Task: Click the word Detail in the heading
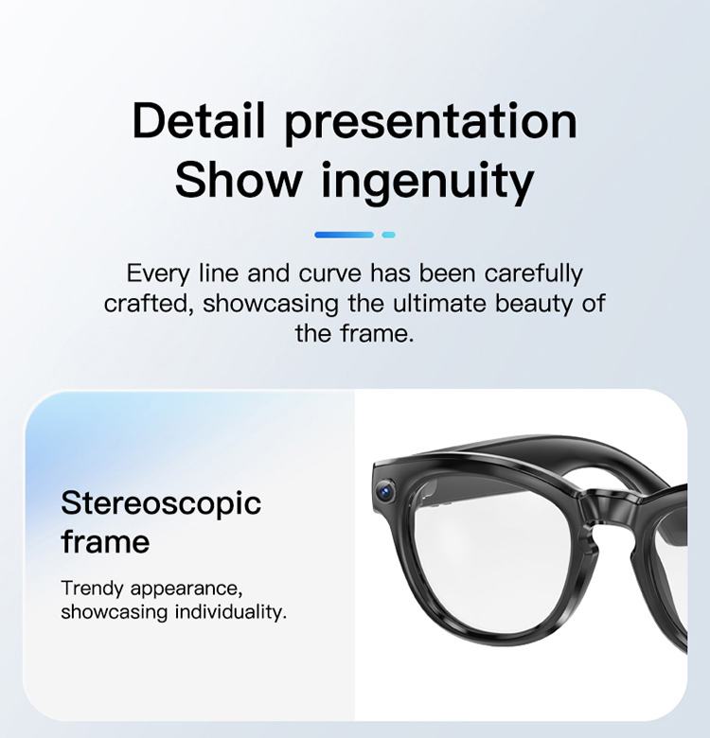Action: [x=198, y=120]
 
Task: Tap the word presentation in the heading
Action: [x=431, y=124]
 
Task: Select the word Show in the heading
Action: [x=239, y=180]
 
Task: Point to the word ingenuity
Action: [x=428, y=184]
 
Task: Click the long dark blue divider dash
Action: [x=344, y=235]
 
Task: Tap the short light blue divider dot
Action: [x=388, y=235]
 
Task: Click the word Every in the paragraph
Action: [x=158, y=274]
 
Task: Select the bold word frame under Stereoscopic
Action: [x=105, y=541]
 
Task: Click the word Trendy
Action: [x=92, y=589]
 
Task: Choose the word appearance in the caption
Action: [x=186, y=589]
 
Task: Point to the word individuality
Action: [x=231, y=612]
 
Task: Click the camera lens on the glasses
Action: [x=386, y=490]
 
